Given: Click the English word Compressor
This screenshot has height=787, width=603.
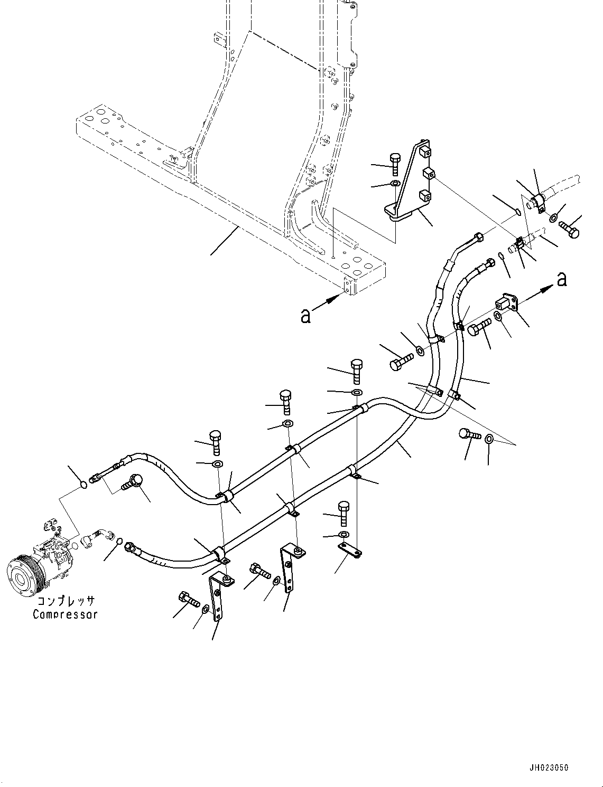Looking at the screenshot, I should [65, 614].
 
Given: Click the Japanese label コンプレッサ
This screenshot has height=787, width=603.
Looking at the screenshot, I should [66, 601].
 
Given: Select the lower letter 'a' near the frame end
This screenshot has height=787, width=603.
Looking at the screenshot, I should [305, 316].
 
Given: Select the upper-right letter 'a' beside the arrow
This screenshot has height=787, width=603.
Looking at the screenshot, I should [562, 279].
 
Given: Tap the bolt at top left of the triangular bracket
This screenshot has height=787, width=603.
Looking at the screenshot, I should [395, 163].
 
